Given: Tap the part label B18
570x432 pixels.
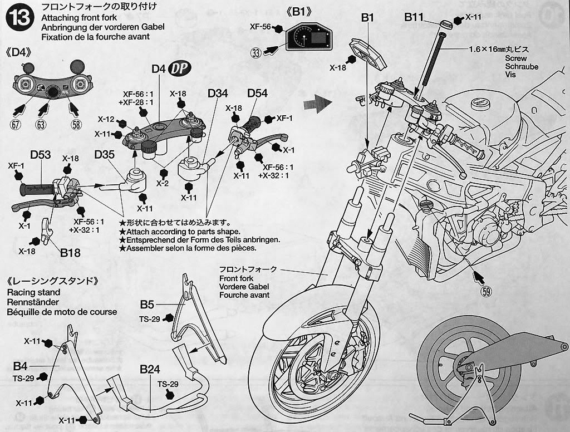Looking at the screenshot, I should pyautogui.click(x=71, y=253).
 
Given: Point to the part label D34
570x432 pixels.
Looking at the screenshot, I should pyautogui.click(x=218, y=93).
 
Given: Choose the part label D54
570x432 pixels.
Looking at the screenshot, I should pyautogui.click(x=257, y=93).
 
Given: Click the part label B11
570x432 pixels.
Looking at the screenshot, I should pyautogui.click(x=414, y=17).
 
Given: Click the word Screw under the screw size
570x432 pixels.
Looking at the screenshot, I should pyautogui.click(x=515, y=58).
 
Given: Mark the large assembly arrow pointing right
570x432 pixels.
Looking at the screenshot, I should pyautogui.click(x=318, y=102).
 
